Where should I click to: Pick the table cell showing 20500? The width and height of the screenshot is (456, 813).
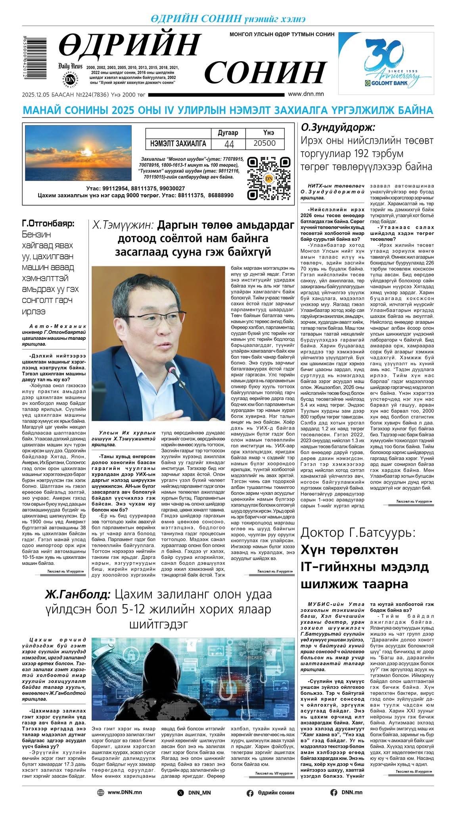click(264, 143)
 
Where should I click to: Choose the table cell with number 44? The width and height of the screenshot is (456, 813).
click(229, 144)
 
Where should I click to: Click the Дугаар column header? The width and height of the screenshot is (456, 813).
click(228, 133)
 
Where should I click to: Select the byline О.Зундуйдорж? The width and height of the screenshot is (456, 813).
click(338, 127)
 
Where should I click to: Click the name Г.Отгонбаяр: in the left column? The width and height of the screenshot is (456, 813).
click(48, 223)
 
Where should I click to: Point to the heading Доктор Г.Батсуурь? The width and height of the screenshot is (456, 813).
click(358, 532)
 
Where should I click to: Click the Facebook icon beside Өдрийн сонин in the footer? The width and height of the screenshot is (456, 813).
click(250, 793)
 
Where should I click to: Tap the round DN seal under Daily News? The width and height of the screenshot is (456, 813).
click(70, 79)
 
